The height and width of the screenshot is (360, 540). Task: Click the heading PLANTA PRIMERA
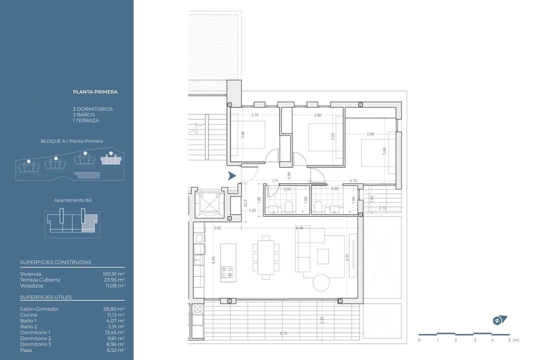95,92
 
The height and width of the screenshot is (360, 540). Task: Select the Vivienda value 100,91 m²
113,274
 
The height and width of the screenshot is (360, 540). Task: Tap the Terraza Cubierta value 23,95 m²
113,280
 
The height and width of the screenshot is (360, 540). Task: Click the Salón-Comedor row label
39,309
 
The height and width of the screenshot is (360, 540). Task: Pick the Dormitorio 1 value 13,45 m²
113,332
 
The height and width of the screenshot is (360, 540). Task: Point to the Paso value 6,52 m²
115,350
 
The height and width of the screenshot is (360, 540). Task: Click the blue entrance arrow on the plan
232,175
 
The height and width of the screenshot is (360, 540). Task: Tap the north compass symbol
499,320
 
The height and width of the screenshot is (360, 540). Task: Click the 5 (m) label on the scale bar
512,340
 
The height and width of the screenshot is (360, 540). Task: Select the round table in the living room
321,282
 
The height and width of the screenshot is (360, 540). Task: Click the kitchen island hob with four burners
226,271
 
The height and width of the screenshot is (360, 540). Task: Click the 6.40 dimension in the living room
299,228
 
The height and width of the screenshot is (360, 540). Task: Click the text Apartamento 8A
73,200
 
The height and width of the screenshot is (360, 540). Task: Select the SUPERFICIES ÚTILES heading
46,297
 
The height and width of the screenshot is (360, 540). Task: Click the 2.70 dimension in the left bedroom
254,115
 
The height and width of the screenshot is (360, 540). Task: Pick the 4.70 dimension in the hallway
353,180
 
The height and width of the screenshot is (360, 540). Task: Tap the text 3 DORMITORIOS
93,109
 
